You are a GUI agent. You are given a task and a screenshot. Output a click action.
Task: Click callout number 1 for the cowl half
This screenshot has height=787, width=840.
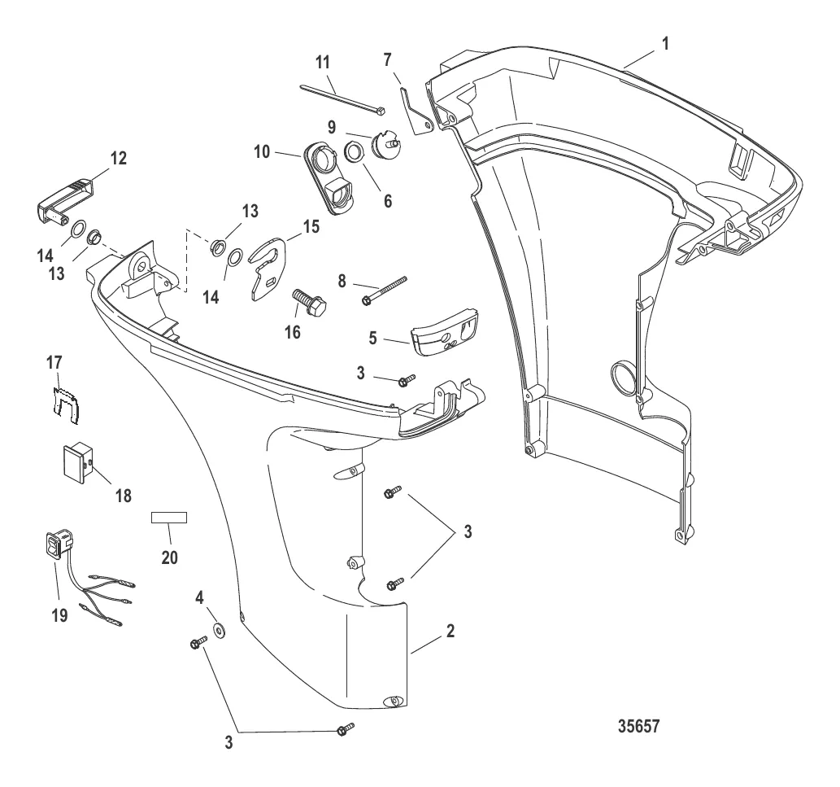(x=667, y=45)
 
